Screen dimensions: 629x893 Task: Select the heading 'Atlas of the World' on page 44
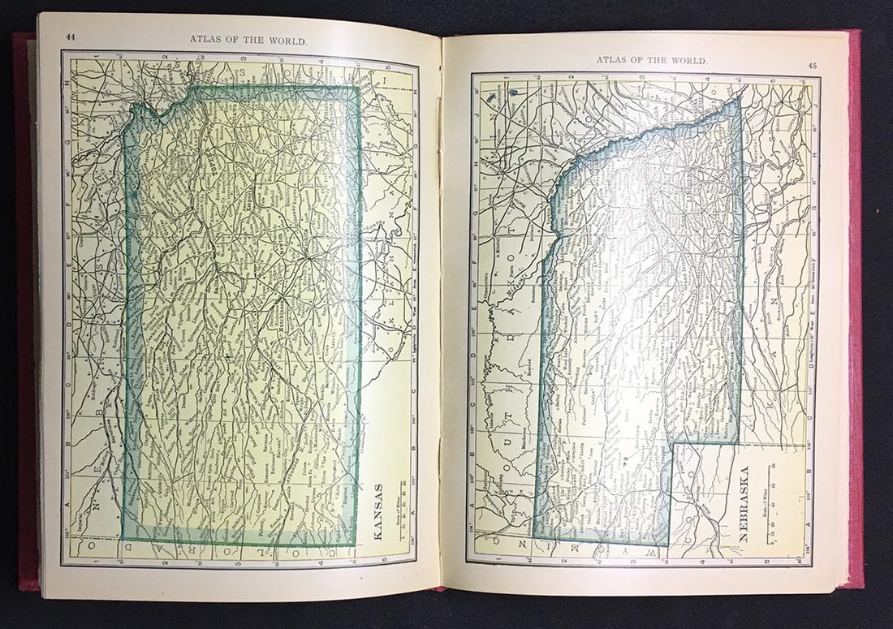[x=248, y=38]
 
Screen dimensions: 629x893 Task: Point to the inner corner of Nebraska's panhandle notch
[x=671, y=444]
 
